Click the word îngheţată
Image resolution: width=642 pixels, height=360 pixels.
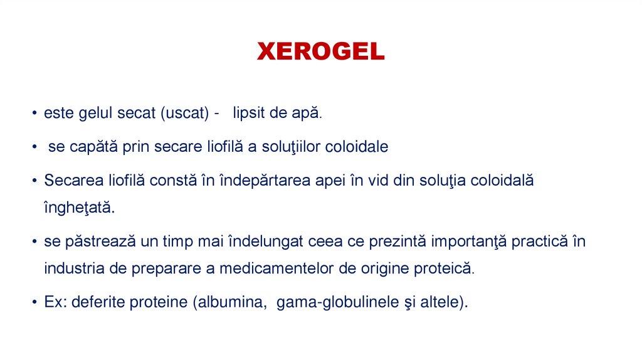coord(80,209)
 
